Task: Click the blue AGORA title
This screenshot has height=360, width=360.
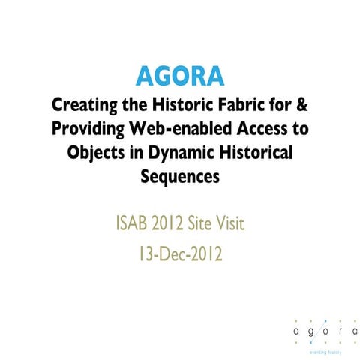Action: coord(180,76)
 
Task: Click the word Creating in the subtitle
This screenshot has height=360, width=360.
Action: coord(80,103)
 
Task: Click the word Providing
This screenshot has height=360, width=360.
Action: coord(88,128)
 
